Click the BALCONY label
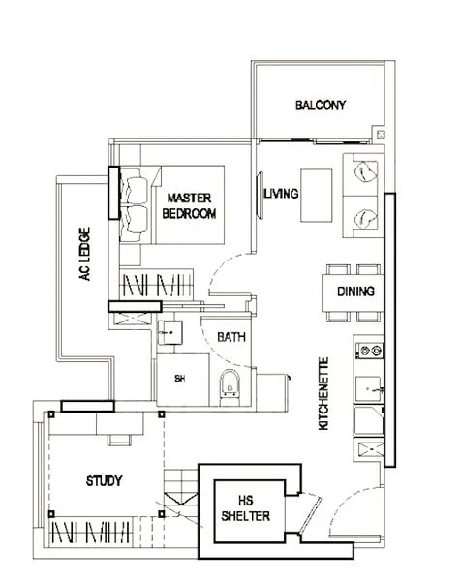tap(321, 106)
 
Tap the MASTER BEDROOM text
tap(190, 206)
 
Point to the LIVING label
tap(281, 194)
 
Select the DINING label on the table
tap(355, 291)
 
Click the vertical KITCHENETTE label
tap(323, 393)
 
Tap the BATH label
tap(231, 337)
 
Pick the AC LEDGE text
tap(85, 254)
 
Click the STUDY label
tap(105, 481)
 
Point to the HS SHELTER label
tap(245, 508)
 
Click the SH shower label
tap(180, 379)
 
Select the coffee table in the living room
tap(316, 196)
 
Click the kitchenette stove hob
tap(369, 351)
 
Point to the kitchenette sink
tap(368, 389)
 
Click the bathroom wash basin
tap(169, 332)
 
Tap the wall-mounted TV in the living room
tap(261, 196)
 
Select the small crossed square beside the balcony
tap(381, 135)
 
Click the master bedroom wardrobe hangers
tap(156, 285)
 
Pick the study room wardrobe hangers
tap(91, 532)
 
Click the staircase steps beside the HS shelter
tap(180, 491)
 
